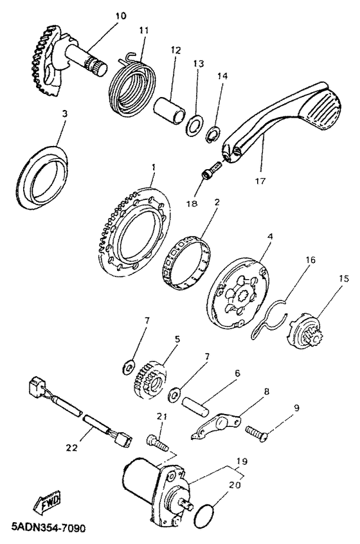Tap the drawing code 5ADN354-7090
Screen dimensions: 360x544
[48, 528]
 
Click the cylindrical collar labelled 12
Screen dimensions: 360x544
[170, 109]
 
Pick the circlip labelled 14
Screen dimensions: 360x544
[212, 135]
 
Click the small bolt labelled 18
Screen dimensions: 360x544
[211, 170]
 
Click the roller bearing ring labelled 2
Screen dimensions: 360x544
[186, 261]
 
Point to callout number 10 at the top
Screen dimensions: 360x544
[121, 16]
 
